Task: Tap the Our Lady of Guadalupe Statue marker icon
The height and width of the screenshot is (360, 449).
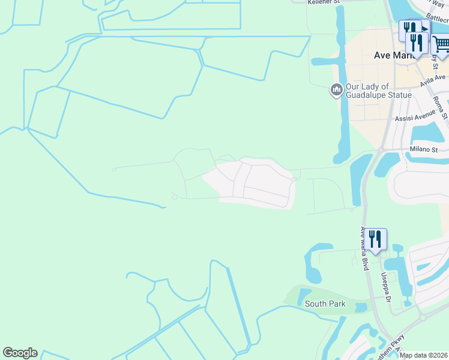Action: (336, 91)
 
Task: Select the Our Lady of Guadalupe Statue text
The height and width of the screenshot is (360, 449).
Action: (378, 91)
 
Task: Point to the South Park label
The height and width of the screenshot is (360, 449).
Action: (325, 304)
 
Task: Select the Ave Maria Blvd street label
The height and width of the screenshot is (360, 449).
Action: (363, 248)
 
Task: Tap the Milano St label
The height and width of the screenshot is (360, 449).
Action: (424, 149)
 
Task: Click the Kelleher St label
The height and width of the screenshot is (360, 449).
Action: (324, 2)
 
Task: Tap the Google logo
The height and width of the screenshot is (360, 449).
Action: (20, 353)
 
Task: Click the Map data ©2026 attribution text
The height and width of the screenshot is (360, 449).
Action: (424, 355)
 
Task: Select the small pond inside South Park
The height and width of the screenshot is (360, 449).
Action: (361, 308)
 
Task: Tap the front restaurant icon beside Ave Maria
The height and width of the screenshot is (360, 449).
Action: (415, 42)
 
